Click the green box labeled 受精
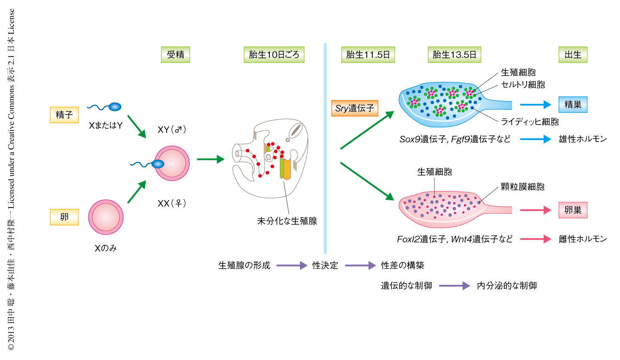click(175, 55)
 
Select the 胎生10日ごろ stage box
click(274, 55)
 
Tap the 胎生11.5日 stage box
click(368, 55)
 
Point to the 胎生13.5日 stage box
click(454, 55)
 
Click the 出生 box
click(573, 55)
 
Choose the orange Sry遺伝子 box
click(354, 108)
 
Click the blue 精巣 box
click(573, 105)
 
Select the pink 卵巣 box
click(573, 210)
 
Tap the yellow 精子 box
click(64, 115)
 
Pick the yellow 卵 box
click(64, 217)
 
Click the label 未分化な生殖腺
click(287, 221)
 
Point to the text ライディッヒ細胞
click(530, 122)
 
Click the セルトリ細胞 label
click(523, 85)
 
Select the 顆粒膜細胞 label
click(522, 187)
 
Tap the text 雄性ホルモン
click(583, 139)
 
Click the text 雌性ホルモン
click(583, 239)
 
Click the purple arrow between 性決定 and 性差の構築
click(360, 265)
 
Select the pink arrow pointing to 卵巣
click(535, 210)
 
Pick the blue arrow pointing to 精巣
click(535, 105)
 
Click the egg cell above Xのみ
click(106, 217)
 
